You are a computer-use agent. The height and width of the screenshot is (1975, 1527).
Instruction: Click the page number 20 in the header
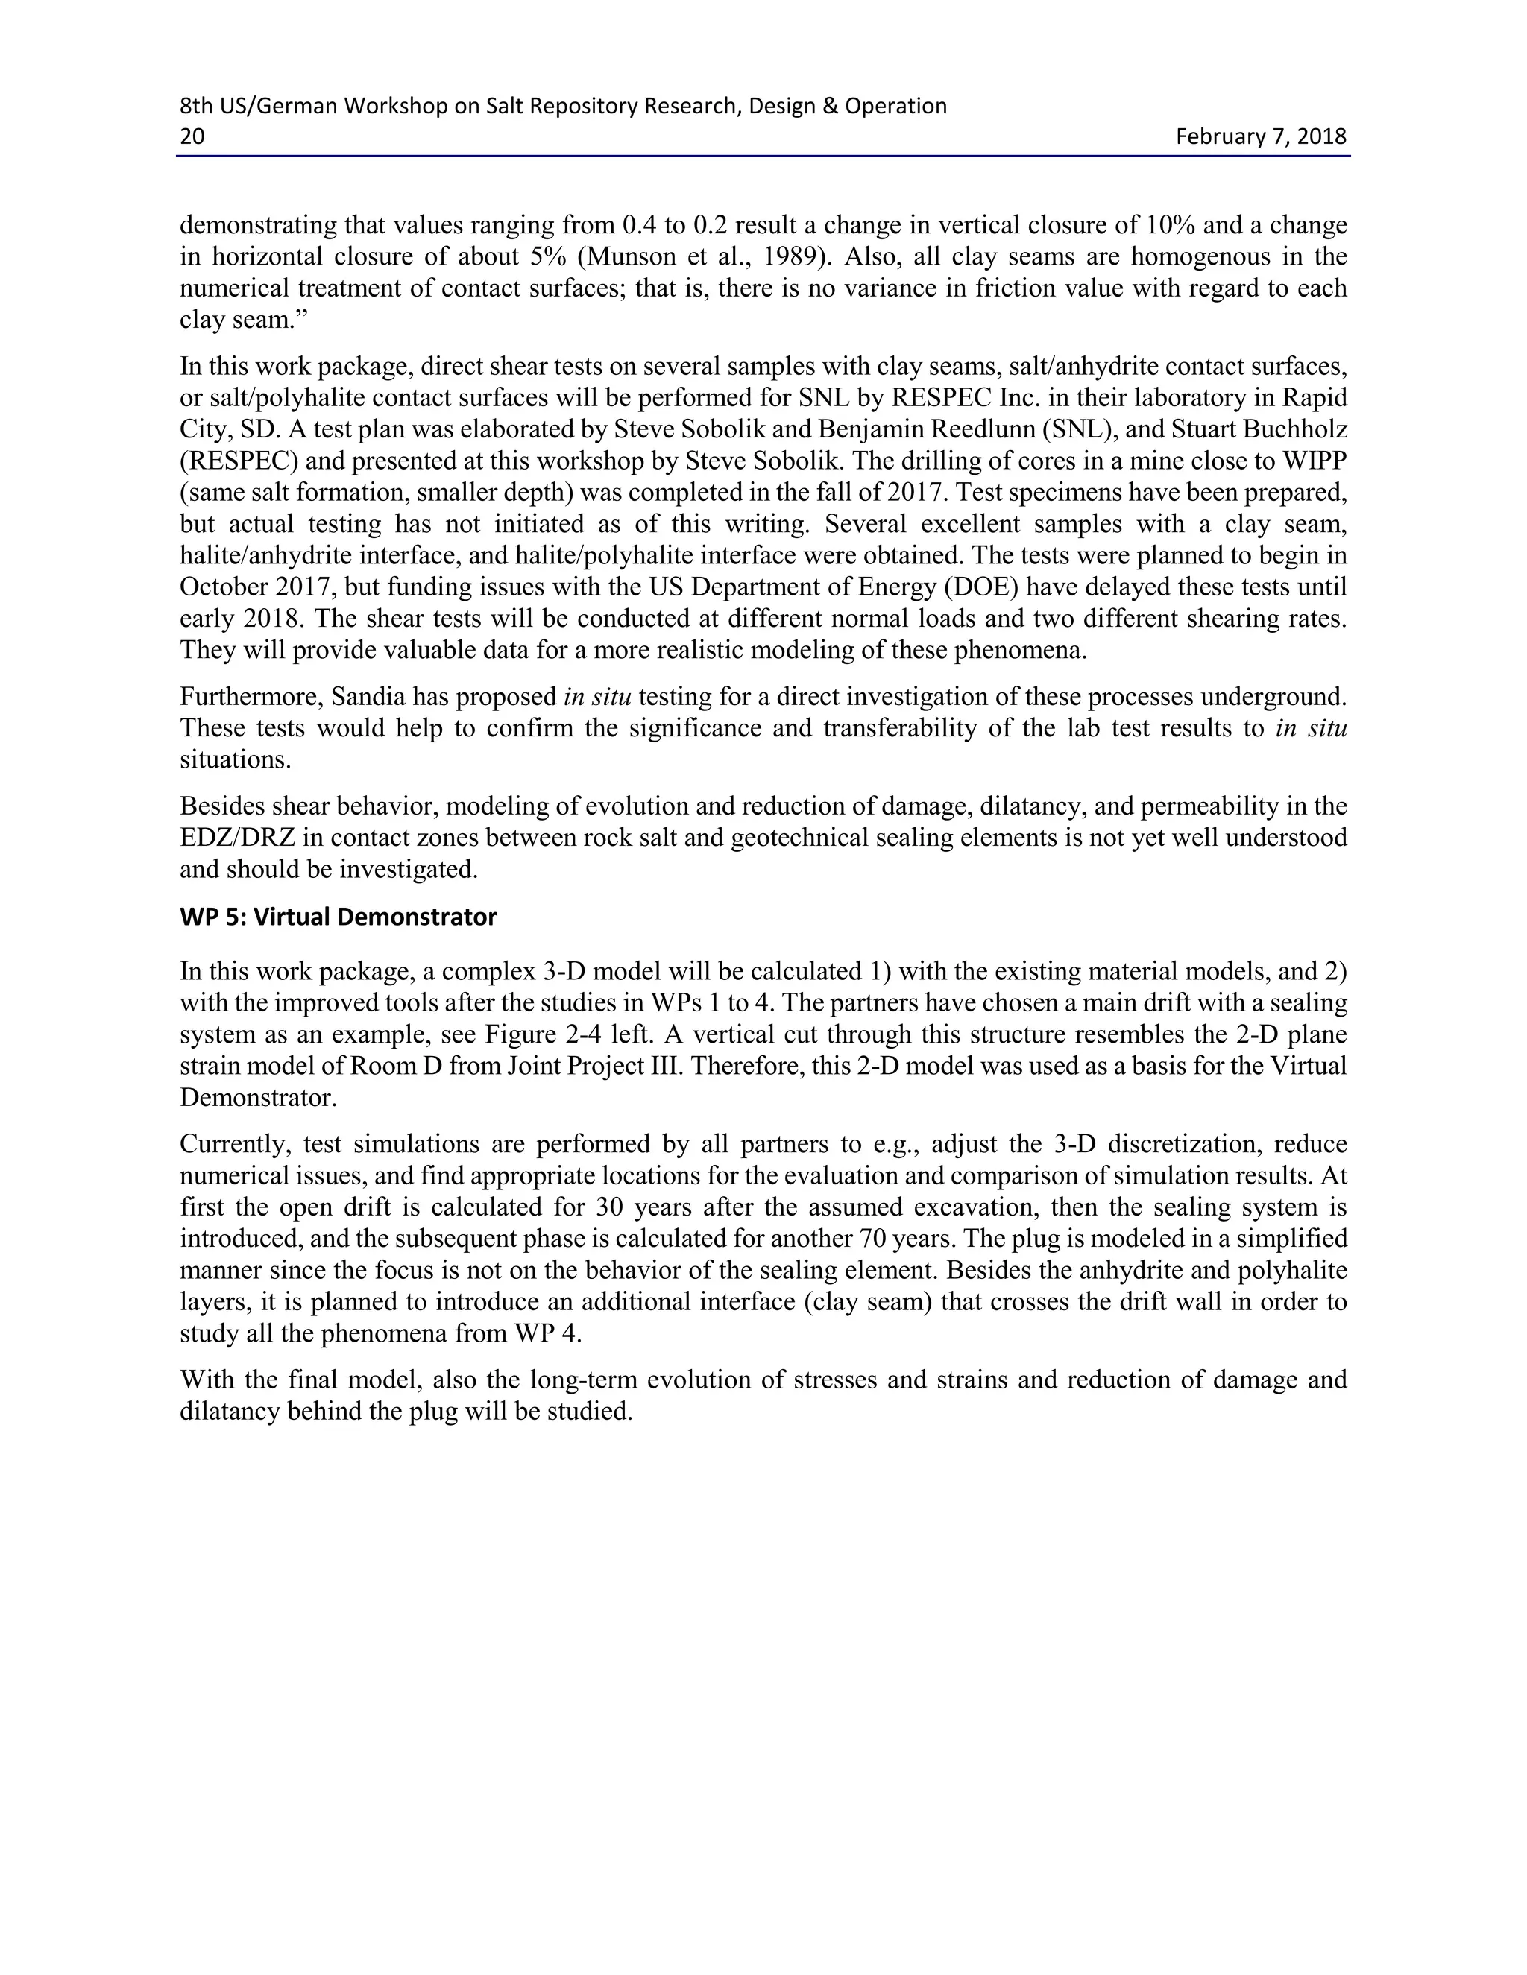coord(192,136)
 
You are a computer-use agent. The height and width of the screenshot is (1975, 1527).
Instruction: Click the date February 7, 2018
coord(1260,136)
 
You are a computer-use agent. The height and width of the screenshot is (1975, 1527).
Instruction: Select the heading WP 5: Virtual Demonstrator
coord(339,917)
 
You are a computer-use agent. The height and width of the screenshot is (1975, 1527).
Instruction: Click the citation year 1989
coord(790,257)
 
